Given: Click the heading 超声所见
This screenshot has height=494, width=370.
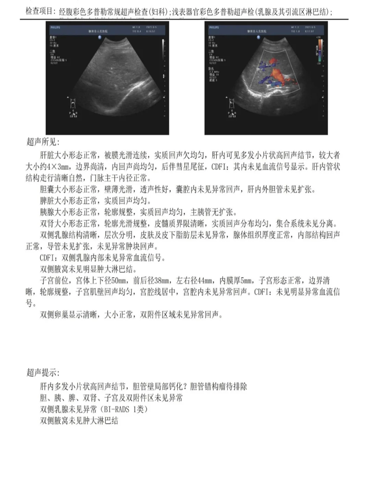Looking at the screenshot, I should tap(43, 142).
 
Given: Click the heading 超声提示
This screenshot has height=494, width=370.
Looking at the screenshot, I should tap(43, 372).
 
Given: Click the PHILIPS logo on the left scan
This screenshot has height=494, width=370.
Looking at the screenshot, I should tap(55, 27).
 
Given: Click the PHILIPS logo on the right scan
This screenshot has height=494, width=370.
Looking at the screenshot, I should tap(214, 27).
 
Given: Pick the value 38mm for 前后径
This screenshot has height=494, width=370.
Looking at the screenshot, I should tap(162, 281).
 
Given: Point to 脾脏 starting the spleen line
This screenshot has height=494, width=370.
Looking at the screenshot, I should tap(47, 201).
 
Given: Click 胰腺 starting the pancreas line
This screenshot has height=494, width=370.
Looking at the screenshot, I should tap(47, 212).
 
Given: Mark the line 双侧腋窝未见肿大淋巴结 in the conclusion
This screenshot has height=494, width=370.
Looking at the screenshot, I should tap(79, 421).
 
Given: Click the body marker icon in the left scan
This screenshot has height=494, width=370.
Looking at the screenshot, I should tap(73, 103).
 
